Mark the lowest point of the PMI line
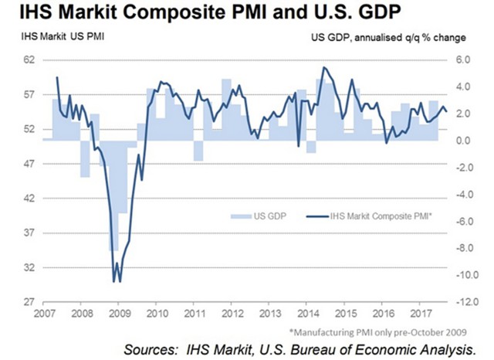click(119, 281)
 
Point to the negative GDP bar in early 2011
click(198, 151)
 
